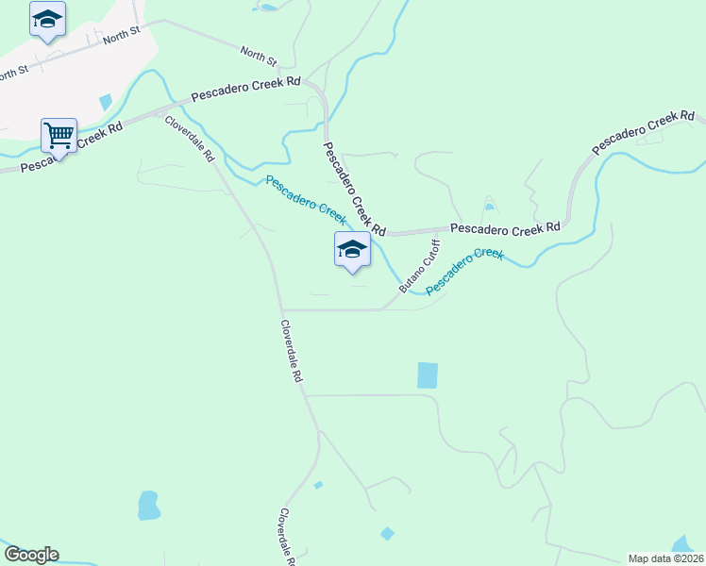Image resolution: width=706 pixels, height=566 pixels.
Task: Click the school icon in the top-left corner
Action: point(47,20)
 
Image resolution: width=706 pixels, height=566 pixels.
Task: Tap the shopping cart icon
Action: point(59,136)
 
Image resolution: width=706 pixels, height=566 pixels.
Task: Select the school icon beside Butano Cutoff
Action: point(352,250)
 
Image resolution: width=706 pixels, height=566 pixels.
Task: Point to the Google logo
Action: point(30,555)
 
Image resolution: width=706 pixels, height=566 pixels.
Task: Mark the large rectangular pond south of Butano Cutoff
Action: point(428,375)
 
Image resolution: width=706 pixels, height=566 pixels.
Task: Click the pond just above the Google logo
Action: point(148,506)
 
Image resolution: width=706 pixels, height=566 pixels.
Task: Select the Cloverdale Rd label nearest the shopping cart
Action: point(190,139)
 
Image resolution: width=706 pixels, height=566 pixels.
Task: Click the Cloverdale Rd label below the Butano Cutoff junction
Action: point(291,350)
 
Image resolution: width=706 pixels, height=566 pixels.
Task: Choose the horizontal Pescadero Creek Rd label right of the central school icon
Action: point(505,228)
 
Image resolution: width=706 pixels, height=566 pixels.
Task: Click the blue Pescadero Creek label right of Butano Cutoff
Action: point(464,272)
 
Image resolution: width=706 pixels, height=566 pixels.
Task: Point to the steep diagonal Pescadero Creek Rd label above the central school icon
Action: point(354,190)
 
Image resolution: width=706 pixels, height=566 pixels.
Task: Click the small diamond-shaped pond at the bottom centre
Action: point(387,534)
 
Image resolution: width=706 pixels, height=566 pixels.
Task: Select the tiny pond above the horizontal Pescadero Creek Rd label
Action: point(488,207)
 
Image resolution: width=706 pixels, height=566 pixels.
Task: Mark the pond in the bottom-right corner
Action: point(682,544)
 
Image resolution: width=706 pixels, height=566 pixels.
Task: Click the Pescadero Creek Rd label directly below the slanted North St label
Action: point(245,91)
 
